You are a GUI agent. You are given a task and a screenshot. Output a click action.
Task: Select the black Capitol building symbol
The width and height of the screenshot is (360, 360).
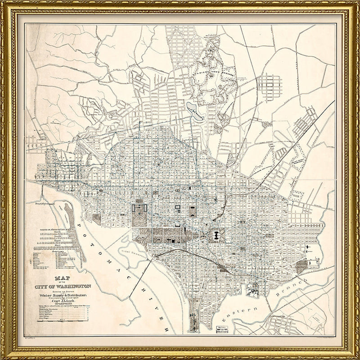coord(216,235)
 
